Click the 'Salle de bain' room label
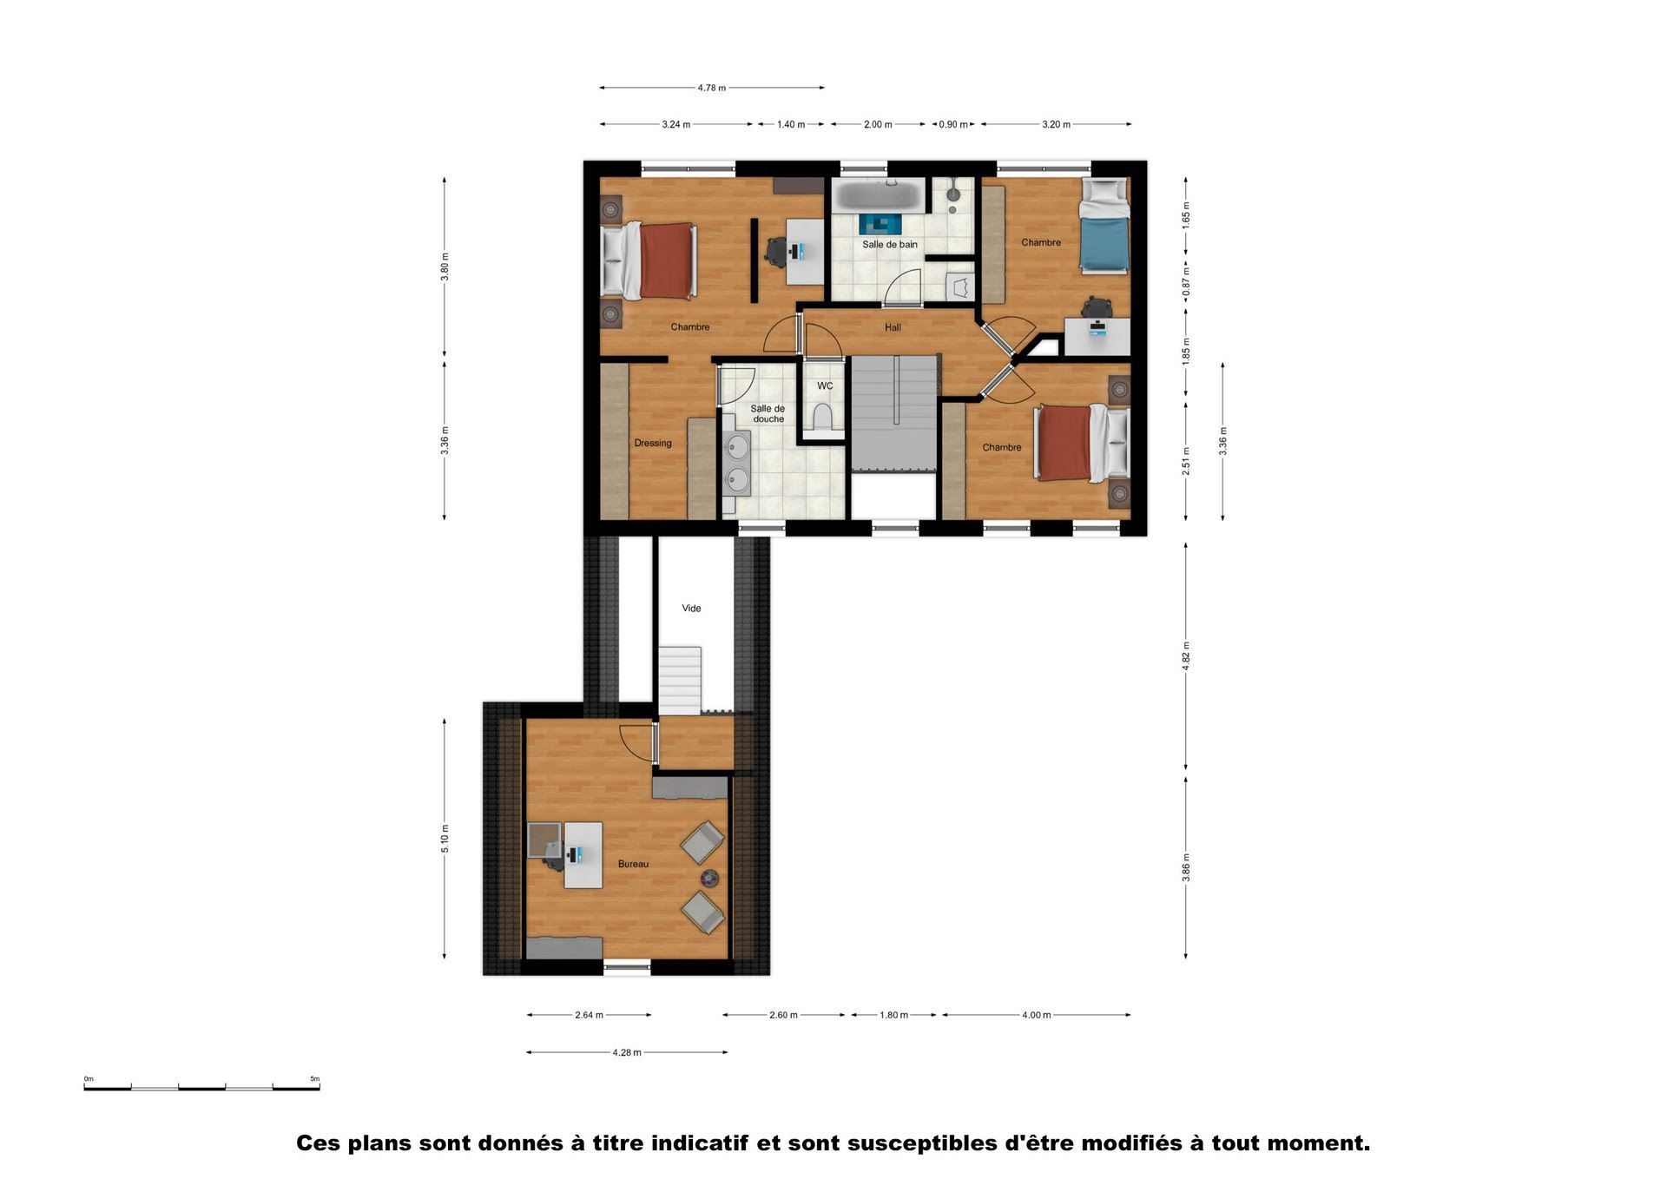pos(889,245)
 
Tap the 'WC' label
pos(825,386)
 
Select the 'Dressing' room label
pos(653,444)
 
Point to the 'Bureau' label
pos(633,865)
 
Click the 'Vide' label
pos(691,609)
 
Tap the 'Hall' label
pos(893,328)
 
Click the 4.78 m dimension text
pos(711,88)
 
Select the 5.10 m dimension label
pos(445,839)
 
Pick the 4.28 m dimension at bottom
pos(627,1053)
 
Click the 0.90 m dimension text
pos(953,125)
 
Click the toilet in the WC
pos(822,418)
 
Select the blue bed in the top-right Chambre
pos(1104,226)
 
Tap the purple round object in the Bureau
pos(710,878)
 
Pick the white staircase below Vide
pos(680,680)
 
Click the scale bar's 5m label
pos(314,1079)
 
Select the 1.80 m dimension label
pos(893,1015)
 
